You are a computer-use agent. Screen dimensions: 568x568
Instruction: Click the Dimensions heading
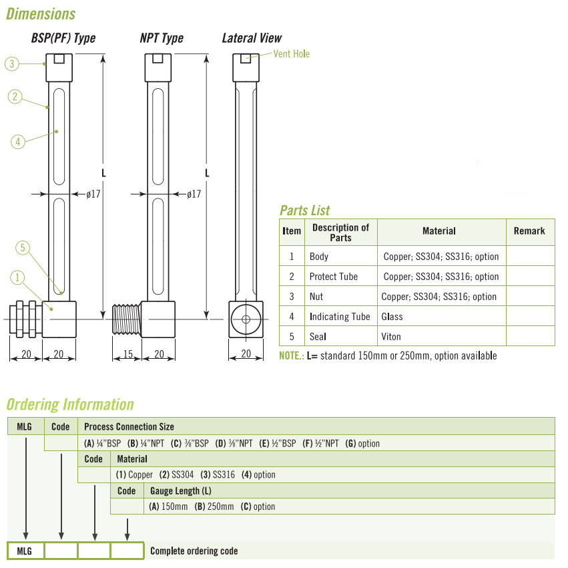click(41, 14)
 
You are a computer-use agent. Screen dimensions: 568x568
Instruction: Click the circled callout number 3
click(11, 64)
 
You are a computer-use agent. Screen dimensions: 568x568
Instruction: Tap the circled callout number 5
click(23, 249)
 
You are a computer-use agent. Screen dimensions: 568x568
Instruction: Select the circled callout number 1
click(17, 277)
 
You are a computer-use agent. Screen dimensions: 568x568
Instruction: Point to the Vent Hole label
click(292, 53)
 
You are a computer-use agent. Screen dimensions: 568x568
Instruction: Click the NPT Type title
click(162, 38)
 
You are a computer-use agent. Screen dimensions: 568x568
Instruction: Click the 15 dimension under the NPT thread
click(127, 354)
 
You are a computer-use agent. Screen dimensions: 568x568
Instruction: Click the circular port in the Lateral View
click(246, 319)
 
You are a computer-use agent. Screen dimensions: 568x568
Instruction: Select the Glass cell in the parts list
click(392, 317)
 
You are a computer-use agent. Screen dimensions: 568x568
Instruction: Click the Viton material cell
click(391, 337)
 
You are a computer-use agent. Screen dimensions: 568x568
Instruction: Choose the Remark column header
click(529, 231)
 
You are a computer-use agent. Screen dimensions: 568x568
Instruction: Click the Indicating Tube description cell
click(340, 317)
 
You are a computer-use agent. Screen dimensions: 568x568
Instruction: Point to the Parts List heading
click(305, 210)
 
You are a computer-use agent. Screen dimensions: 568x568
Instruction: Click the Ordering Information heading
click(70, 404)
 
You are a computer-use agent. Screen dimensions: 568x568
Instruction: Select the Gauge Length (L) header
click(182, 490)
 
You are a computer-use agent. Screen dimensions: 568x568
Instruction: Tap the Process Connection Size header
click(129, 426)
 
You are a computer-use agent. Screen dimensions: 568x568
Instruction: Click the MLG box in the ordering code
click(25, 551)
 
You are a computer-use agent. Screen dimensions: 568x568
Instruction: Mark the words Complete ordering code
click(194, 551)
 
